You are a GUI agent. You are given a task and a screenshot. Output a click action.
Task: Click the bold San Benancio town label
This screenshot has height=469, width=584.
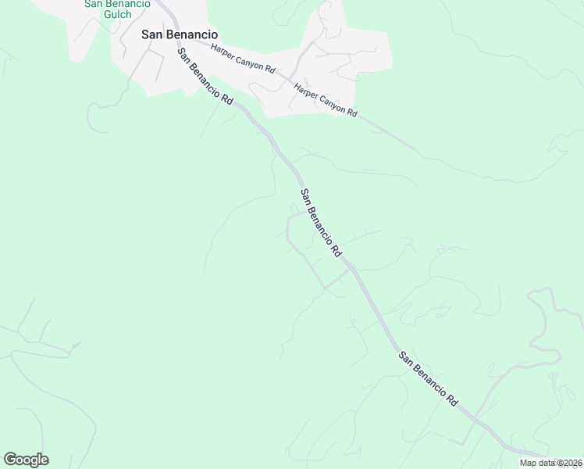(x=179, y=34)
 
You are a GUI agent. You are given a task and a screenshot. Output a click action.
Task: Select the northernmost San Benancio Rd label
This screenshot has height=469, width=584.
(x=205, y=77)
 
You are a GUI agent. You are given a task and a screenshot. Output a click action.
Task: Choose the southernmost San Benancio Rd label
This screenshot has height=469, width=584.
(x=428, y=379)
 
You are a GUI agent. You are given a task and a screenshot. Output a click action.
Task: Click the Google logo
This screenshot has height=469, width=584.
(x=26, y=460)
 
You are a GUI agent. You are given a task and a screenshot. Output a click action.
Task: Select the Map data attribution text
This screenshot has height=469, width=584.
(x=550, y=463)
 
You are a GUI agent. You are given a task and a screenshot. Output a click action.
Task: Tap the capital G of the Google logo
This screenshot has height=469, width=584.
(x=10, y=460)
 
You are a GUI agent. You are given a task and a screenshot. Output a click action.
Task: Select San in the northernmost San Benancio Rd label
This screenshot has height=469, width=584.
(x=184, y=55)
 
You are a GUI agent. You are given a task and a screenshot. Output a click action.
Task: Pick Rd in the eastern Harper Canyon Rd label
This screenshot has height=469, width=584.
(x=351, y=113)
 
